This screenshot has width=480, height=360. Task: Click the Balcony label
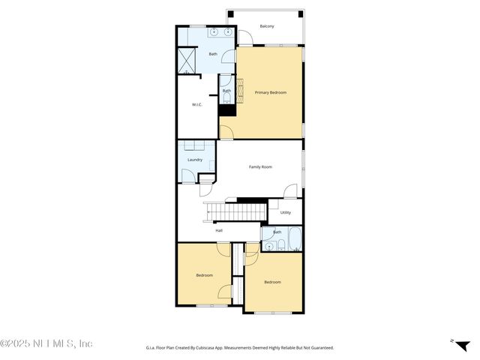(x=267, y=26)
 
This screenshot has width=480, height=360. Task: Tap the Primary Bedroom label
(x=271, y=92)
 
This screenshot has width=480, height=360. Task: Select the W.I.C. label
(x=197, y=104)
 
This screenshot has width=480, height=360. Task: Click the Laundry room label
(x=195, y=160)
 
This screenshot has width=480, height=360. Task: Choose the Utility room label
(x=285, y=213)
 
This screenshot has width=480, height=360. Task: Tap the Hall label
(x=219, y=230)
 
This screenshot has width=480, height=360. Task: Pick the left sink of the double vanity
(x=213, y=32)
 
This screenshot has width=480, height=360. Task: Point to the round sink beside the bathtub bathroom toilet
(x=268, y=245)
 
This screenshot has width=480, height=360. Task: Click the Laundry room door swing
(x=187, y=176)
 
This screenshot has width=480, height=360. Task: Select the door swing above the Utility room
(x=292, y=191)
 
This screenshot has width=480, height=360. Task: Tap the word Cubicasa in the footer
(x=207, y=348)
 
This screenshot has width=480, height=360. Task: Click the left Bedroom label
(x=205, y=275)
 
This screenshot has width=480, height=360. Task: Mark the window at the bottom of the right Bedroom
(x=272, y=313)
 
